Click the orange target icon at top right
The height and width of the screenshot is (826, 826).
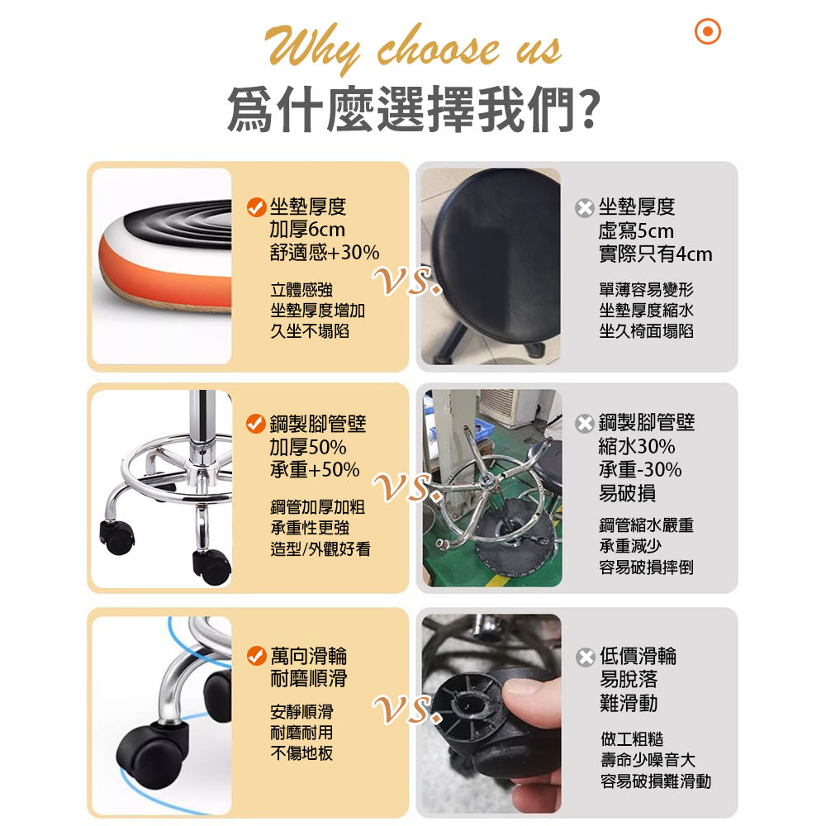(708, 31)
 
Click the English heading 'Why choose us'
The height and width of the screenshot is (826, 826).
(412, 49)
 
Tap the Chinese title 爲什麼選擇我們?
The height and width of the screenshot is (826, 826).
(414, 109)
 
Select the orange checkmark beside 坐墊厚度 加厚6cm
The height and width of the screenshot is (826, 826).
(257, 207)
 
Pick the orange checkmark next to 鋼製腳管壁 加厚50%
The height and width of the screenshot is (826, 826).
(256, 424)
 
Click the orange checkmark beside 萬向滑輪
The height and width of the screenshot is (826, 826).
(257, 656)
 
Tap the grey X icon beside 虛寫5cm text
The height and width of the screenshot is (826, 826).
(585, 208)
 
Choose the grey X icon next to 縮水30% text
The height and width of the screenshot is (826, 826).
(585, 424)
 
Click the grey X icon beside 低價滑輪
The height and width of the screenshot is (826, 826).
(586, 657)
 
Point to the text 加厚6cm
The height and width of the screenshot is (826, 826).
(307, 230)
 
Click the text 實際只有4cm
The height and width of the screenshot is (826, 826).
(655, 254)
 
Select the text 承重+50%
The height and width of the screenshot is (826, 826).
(315, 469)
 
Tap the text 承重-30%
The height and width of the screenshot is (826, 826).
(640, 469)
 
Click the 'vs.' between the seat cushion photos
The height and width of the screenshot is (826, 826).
(407, 281)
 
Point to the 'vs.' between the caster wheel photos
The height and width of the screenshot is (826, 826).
(407, 709)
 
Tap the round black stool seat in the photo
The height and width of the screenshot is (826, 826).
(495, 253)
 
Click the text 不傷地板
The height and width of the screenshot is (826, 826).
(301, 753)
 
